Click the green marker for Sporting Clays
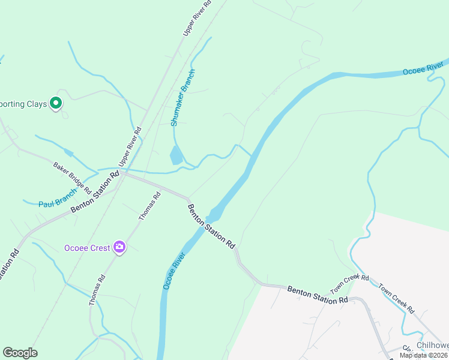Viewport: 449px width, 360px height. point(56,103)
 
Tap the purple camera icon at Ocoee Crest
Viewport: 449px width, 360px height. point(119,247)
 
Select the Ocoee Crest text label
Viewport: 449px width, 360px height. point(87,248)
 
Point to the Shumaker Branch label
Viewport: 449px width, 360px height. point(182,98)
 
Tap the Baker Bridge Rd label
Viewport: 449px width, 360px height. point(72,178)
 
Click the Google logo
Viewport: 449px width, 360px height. point(20,353)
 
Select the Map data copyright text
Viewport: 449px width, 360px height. point(424,355)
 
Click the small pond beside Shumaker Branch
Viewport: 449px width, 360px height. point(176,155)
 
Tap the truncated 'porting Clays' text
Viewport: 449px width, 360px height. point(23,104)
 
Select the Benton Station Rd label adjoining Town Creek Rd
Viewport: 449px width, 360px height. point(317,294)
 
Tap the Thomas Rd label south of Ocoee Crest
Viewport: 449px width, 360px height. point(97,290)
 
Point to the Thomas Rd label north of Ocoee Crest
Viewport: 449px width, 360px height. point(150,206)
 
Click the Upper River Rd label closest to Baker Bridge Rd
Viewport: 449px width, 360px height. point(130,147)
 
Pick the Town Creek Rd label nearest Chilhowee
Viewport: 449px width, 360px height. point(396,298)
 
